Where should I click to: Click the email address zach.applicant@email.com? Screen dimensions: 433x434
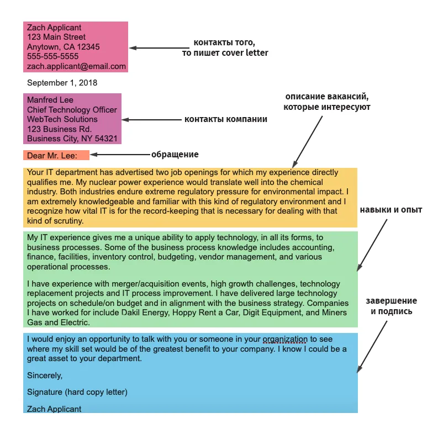[x=76, y=66]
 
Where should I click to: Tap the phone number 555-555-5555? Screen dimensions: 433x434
[x=52, y=56]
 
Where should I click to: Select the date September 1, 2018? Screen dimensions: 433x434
[x=62, y=83]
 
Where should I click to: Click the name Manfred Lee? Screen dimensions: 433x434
[x=50, y=100]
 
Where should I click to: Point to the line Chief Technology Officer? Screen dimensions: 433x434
[x=72, y=110]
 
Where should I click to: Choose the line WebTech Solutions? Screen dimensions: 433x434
[x=62, y=119]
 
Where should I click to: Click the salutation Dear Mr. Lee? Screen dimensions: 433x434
[x=52, y=156]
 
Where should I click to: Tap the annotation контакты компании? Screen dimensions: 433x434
[x=226, y=119]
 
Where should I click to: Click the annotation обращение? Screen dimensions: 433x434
[x=175, y=155]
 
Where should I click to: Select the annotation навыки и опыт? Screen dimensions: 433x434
[x=391, y=210]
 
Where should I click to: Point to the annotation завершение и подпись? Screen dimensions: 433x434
[x=392, y=306]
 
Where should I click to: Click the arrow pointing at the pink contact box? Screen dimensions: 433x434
[x=159, y=48]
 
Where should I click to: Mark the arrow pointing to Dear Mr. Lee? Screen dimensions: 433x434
[x=120, y=155]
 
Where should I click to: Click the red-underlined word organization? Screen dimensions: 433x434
[x=285, y=339]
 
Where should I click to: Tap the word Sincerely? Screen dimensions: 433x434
[x=45, y=375]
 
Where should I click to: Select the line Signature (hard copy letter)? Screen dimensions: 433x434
[x=77, y=392]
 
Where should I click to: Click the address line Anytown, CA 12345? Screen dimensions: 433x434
[x=63, y=47]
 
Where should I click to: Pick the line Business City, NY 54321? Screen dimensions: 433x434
[x=72, y=139]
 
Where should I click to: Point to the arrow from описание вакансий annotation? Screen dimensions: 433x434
[x=308, y=142]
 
